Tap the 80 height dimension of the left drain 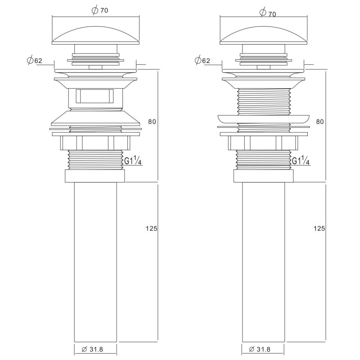[x=152, y=121]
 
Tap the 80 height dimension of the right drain [x=319, y=121]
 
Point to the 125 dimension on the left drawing [x=152, y=229]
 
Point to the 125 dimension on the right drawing [x=319, y=229]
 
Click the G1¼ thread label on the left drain [x=133, y=161]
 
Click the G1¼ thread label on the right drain [x=301, y=161]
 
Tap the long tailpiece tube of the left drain [x=95, y=261]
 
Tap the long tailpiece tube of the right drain [x=263, y=261]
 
